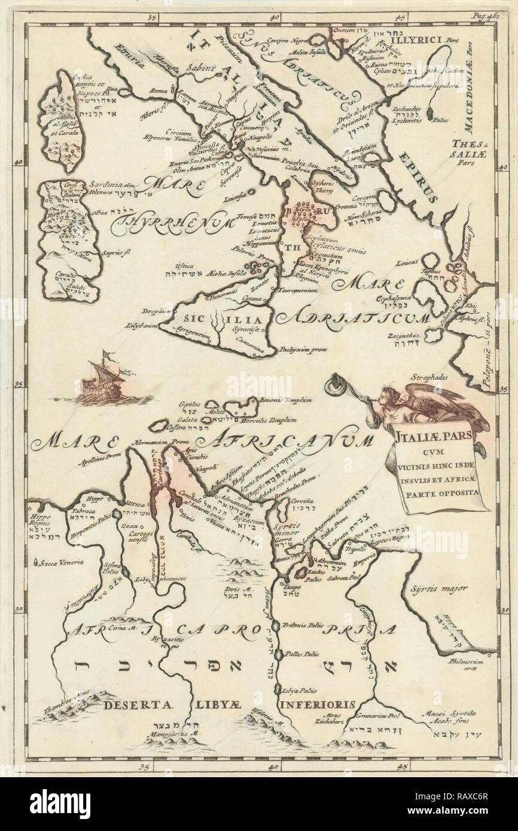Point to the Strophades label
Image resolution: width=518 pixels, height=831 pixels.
pyautogui.click(x=428, y=377)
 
